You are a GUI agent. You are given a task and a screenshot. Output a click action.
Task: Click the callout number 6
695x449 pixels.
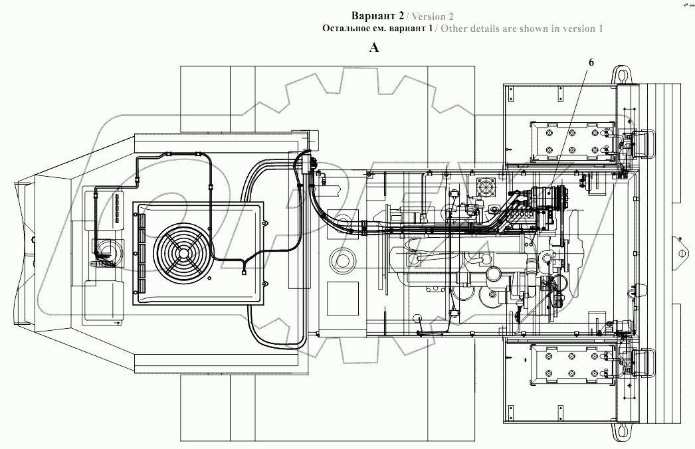(591, 62)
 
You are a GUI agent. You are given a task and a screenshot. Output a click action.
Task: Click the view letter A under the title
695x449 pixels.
(374, 47)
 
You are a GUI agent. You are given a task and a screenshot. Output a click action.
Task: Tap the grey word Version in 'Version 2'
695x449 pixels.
(429, 17)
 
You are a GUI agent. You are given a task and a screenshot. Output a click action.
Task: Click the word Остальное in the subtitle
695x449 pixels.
(345, 29)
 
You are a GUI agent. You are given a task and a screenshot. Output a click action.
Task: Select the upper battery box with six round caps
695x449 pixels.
(573, 142)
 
